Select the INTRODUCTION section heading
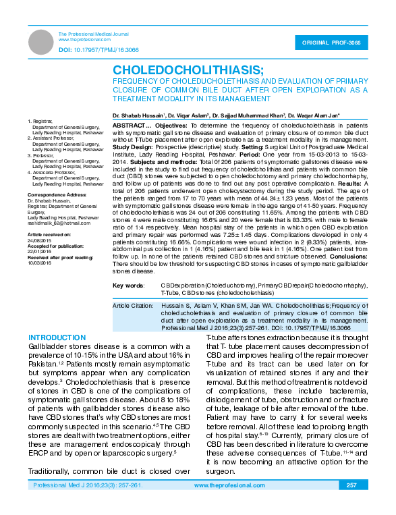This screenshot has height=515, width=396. [56, 337]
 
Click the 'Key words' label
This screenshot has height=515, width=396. [128, 286]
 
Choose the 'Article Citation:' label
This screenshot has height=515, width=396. [133, 306]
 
